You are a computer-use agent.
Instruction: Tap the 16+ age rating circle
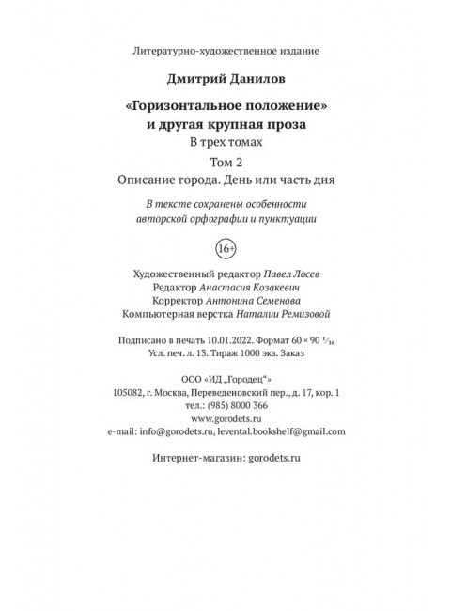click(225, 249)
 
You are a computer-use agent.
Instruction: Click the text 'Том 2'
click(225, 161)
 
